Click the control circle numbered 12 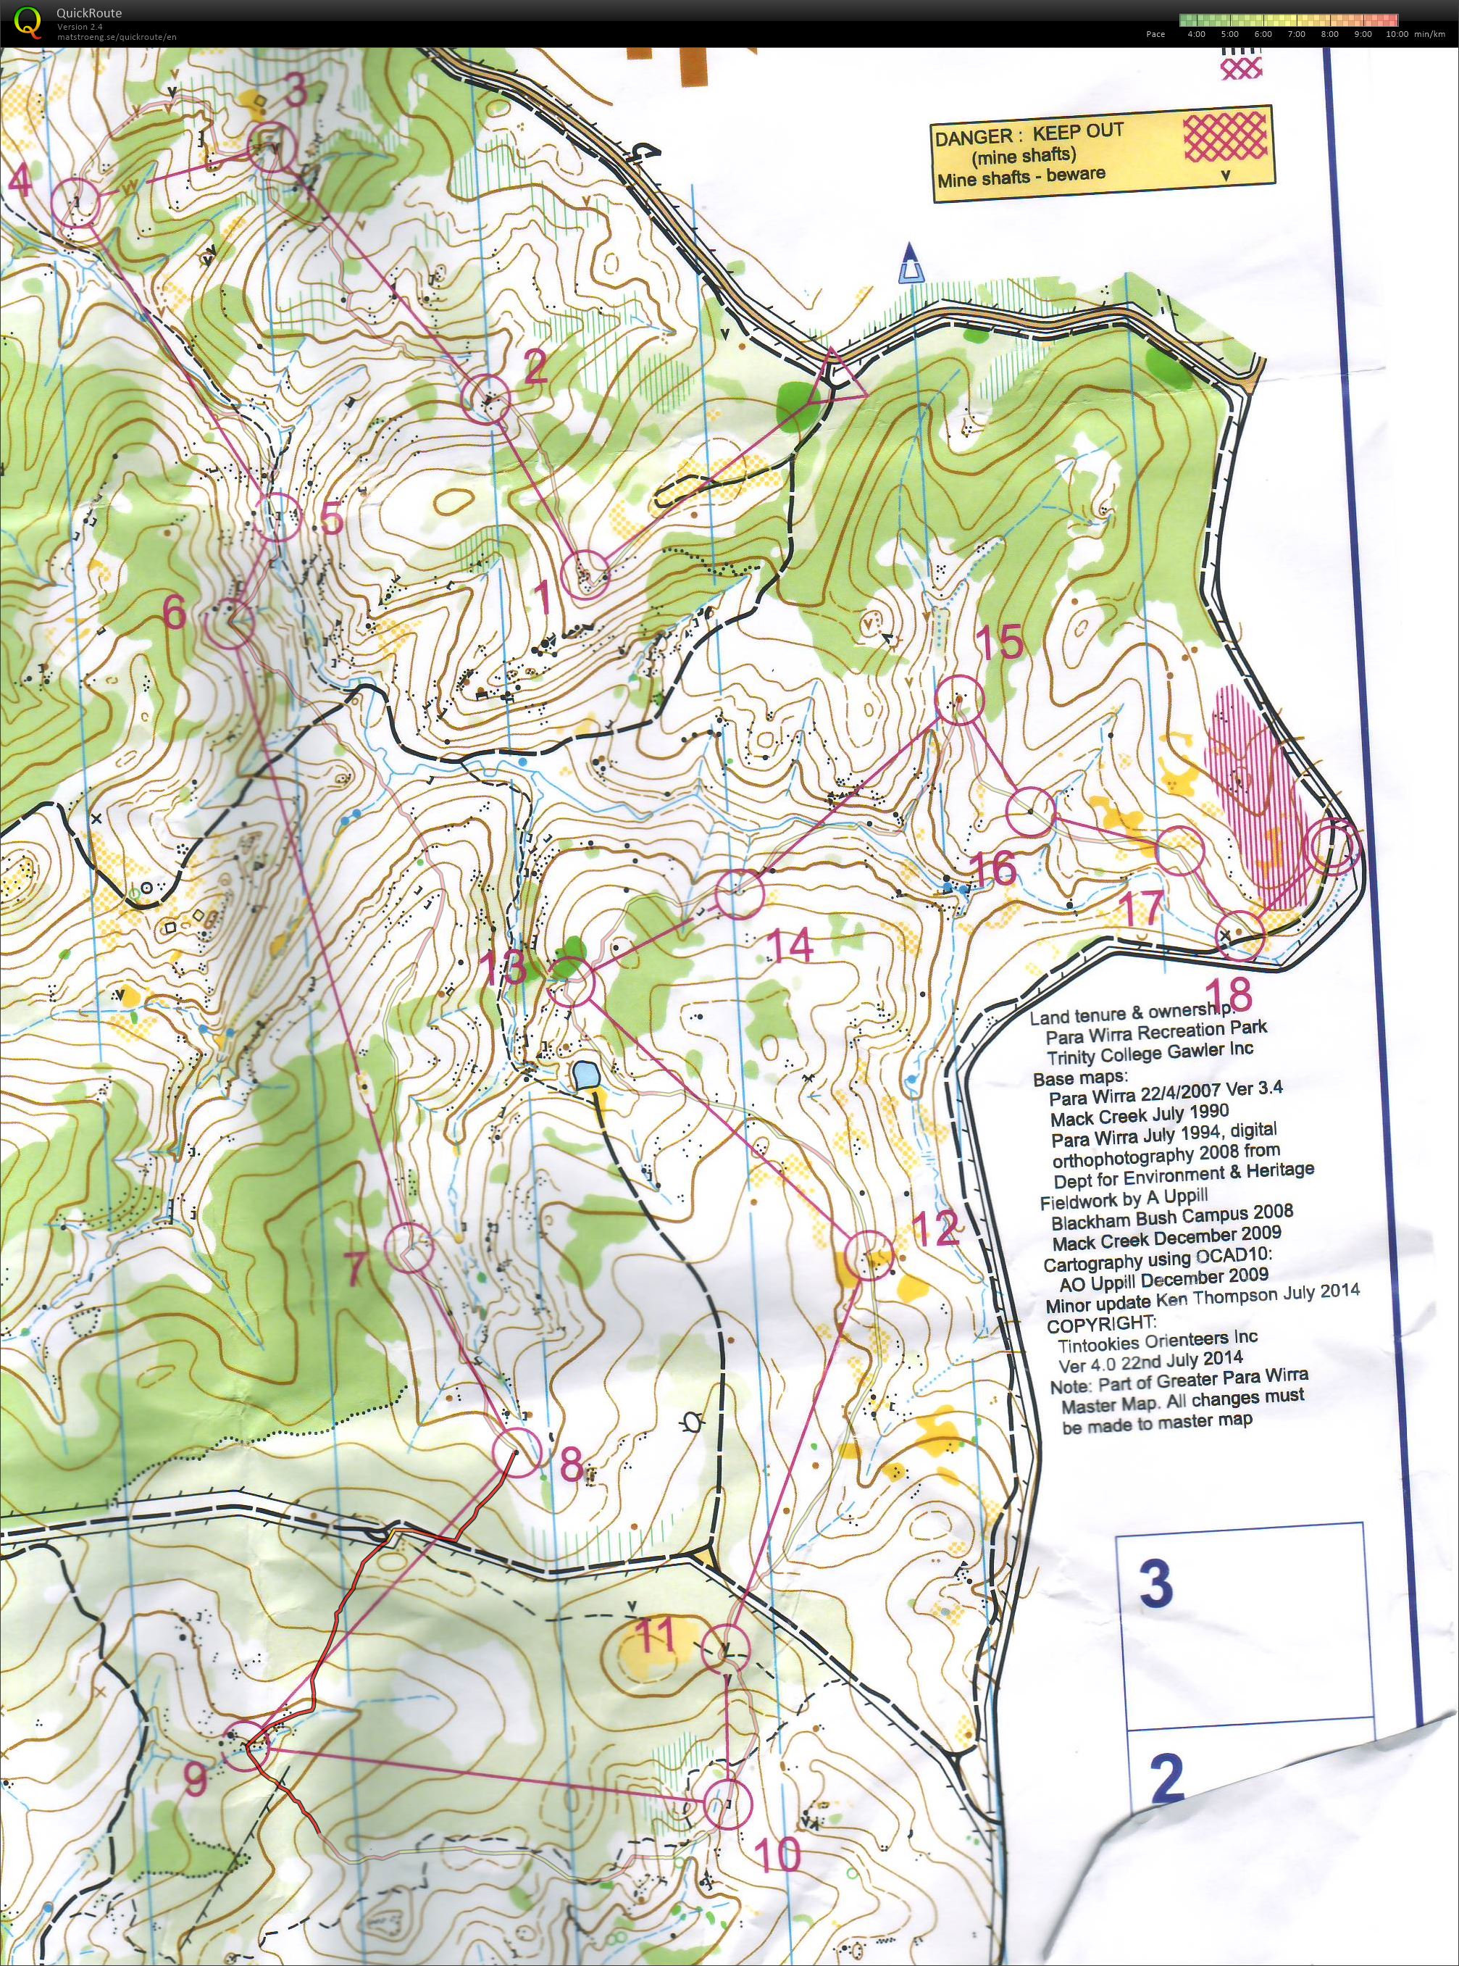pyautogui.click(x=870, y=1255)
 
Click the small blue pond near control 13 pyautogui.click(x=584, y=1075)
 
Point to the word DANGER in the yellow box pyautogui.click(x=973, y=138)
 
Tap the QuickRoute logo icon pyautogui.click(x=28, y=22)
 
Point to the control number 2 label pyautogui.click(x=535, y=367)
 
